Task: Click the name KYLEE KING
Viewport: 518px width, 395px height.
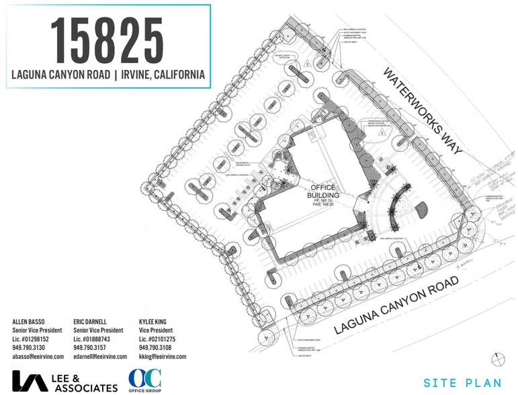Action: tap(156, 322)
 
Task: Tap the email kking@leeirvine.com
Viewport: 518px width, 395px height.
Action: tap(163, 357)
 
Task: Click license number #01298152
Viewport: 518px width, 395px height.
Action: tap(38, 339)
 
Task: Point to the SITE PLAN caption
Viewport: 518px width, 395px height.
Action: tap(462, 383)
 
